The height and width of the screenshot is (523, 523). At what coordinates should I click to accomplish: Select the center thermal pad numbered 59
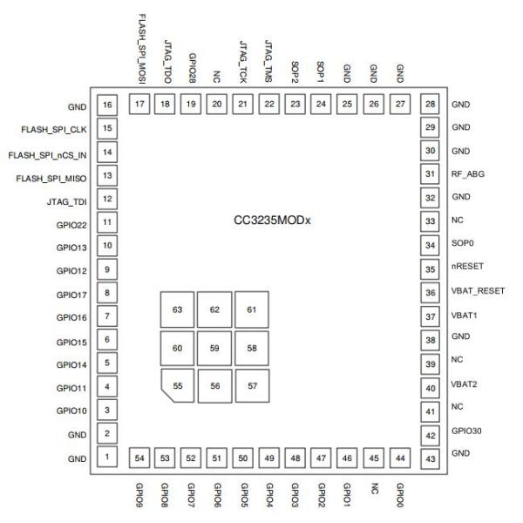coord(214,348)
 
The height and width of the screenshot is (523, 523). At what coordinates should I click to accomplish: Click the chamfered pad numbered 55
coord(177,384)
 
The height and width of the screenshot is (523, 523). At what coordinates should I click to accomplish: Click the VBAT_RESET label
coord(478,292)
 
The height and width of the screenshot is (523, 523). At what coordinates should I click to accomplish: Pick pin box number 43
coord(429,457)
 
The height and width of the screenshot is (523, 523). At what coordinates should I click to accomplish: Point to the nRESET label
coord(468,268)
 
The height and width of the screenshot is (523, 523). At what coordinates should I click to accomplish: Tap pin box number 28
coord(429,105)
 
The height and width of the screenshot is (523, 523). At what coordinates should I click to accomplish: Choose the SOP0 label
coord(462,245)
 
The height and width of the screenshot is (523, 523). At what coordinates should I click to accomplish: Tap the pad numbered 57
coord(253,384)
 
